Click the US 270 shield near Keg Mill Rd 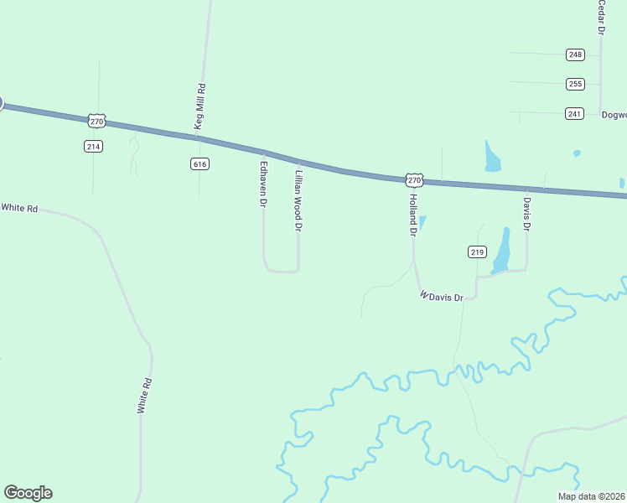click(x=97, y=121)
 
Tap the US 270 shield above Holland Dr click(x=414, y=179)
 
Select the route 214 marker click(x=93, y=146)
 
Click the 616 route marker click(x=199, y=163)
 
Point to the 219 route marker click(x=477, y=251)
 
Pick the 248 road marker click(x=574, y=54)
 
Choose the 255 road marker click(x=574, y=84)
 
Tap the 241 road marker click(x=574, y=113)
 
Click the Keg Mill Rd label click(x=200, y=106)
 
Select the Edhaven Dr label click(x=263, y=184)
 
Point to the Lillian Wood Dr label click(x=298, y=200)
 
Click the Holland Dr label click(x=412, y=214)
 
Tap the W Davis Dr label click(x=442, y=297)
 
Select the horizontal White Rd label click(x=19, y=207)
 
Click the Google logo click(x=28, y=493)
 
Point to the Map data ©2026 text click(x=590, y=496)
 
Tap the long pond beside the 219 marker click(x=501, y=250)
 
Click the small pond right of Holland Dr click(x=422, y=222)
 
